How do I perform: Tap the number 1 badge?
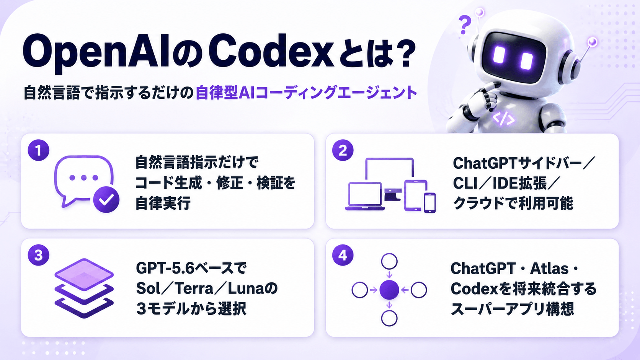click(x=39, y=150)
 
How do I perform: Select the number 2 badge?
click(x=343, y=150)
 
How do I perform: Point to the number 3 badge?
click(x=39, y=255)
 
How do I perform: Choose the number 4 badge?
click(x=343, y=255)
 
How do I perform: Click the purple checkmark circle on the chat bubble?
click(x=106, y=200)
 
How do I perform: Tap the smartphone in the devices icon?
click(x=430, y=203)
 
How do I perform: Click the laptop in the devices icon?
click(x=365, y=196)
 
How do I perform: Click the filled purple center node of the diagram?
click(x=389, y=290)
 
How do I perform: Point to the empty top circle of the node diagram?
click(x=389, y=261)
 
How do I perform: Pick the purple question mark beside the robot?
click(x=465, y=25)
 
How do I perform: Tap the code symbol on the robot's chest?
click(x=503, y=119)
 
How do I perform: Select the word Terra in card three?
click(x=194, y=288)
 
